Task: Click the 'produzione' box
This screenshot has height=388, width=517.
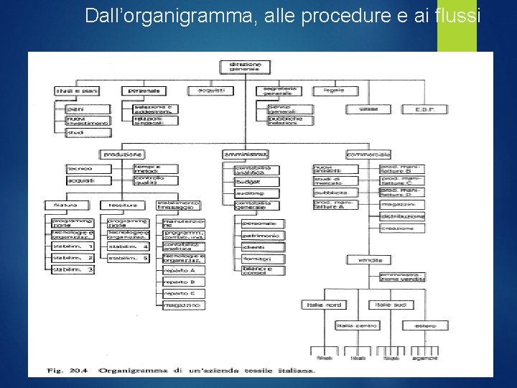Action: [123, 154]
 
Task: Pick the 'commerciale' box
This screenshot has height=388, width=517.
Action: [368, 154]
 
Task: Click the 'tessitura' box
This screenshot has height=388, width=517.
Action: [119, 205]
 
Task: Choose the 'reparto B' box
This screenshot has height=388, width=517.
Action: [183, 282]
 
